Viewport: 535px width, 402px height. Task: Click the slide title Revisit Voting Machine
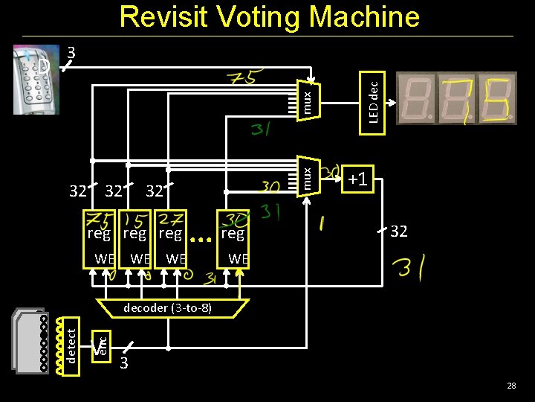[269, 16]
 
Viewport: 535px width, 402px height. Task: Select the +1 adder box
[357, 179]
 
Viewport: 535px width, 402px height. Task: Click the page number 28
[511, 386]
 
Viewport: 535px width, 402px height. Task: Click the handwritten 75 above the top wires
[242, 77]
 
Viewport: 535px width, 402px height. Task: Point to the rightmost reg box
[233, 234]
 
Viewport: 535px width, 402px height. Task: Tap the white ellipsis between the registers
[199, 240]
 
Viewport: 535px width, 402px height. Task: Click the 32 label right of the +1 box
[399, 232]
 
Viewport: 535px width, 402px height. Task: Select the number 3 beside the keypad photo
[71, 53]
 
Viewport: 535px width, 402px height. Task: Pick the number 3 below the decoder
[124, 363]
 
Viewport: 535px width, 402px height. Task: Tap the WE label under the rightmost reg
[238, 259]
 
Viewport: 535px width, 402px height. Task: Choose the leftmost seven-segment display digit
[417, 98]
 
